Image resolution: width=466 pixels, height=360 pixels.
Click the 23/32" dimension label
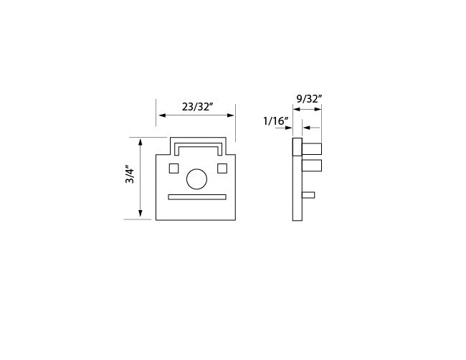tap(198, 106)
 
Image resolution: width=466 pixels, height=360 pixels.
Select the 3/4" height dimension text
tap(130, 174)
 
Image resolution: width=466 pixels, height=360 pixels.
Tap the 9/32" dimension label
tap(310, 99)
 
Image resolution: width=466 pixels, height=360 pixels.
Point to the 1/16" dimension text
tap(276, 121)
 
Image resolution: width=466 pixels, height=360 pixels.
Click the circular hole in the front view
tap(196, 179)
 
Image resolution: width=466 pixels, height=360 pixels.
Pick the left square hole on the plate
tap(173, 169)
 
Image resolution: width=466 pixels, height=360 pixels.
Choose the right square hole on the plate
tap(222, 169)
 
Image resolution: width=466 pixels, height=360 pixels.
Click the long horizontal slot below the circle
tap(197, 197)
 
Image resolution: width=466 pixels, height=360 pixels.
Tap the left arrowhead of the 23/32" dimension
tap(162, 115)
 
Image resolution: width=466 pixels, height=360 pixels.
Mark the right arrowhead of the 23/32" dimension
tap(231, 115)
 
